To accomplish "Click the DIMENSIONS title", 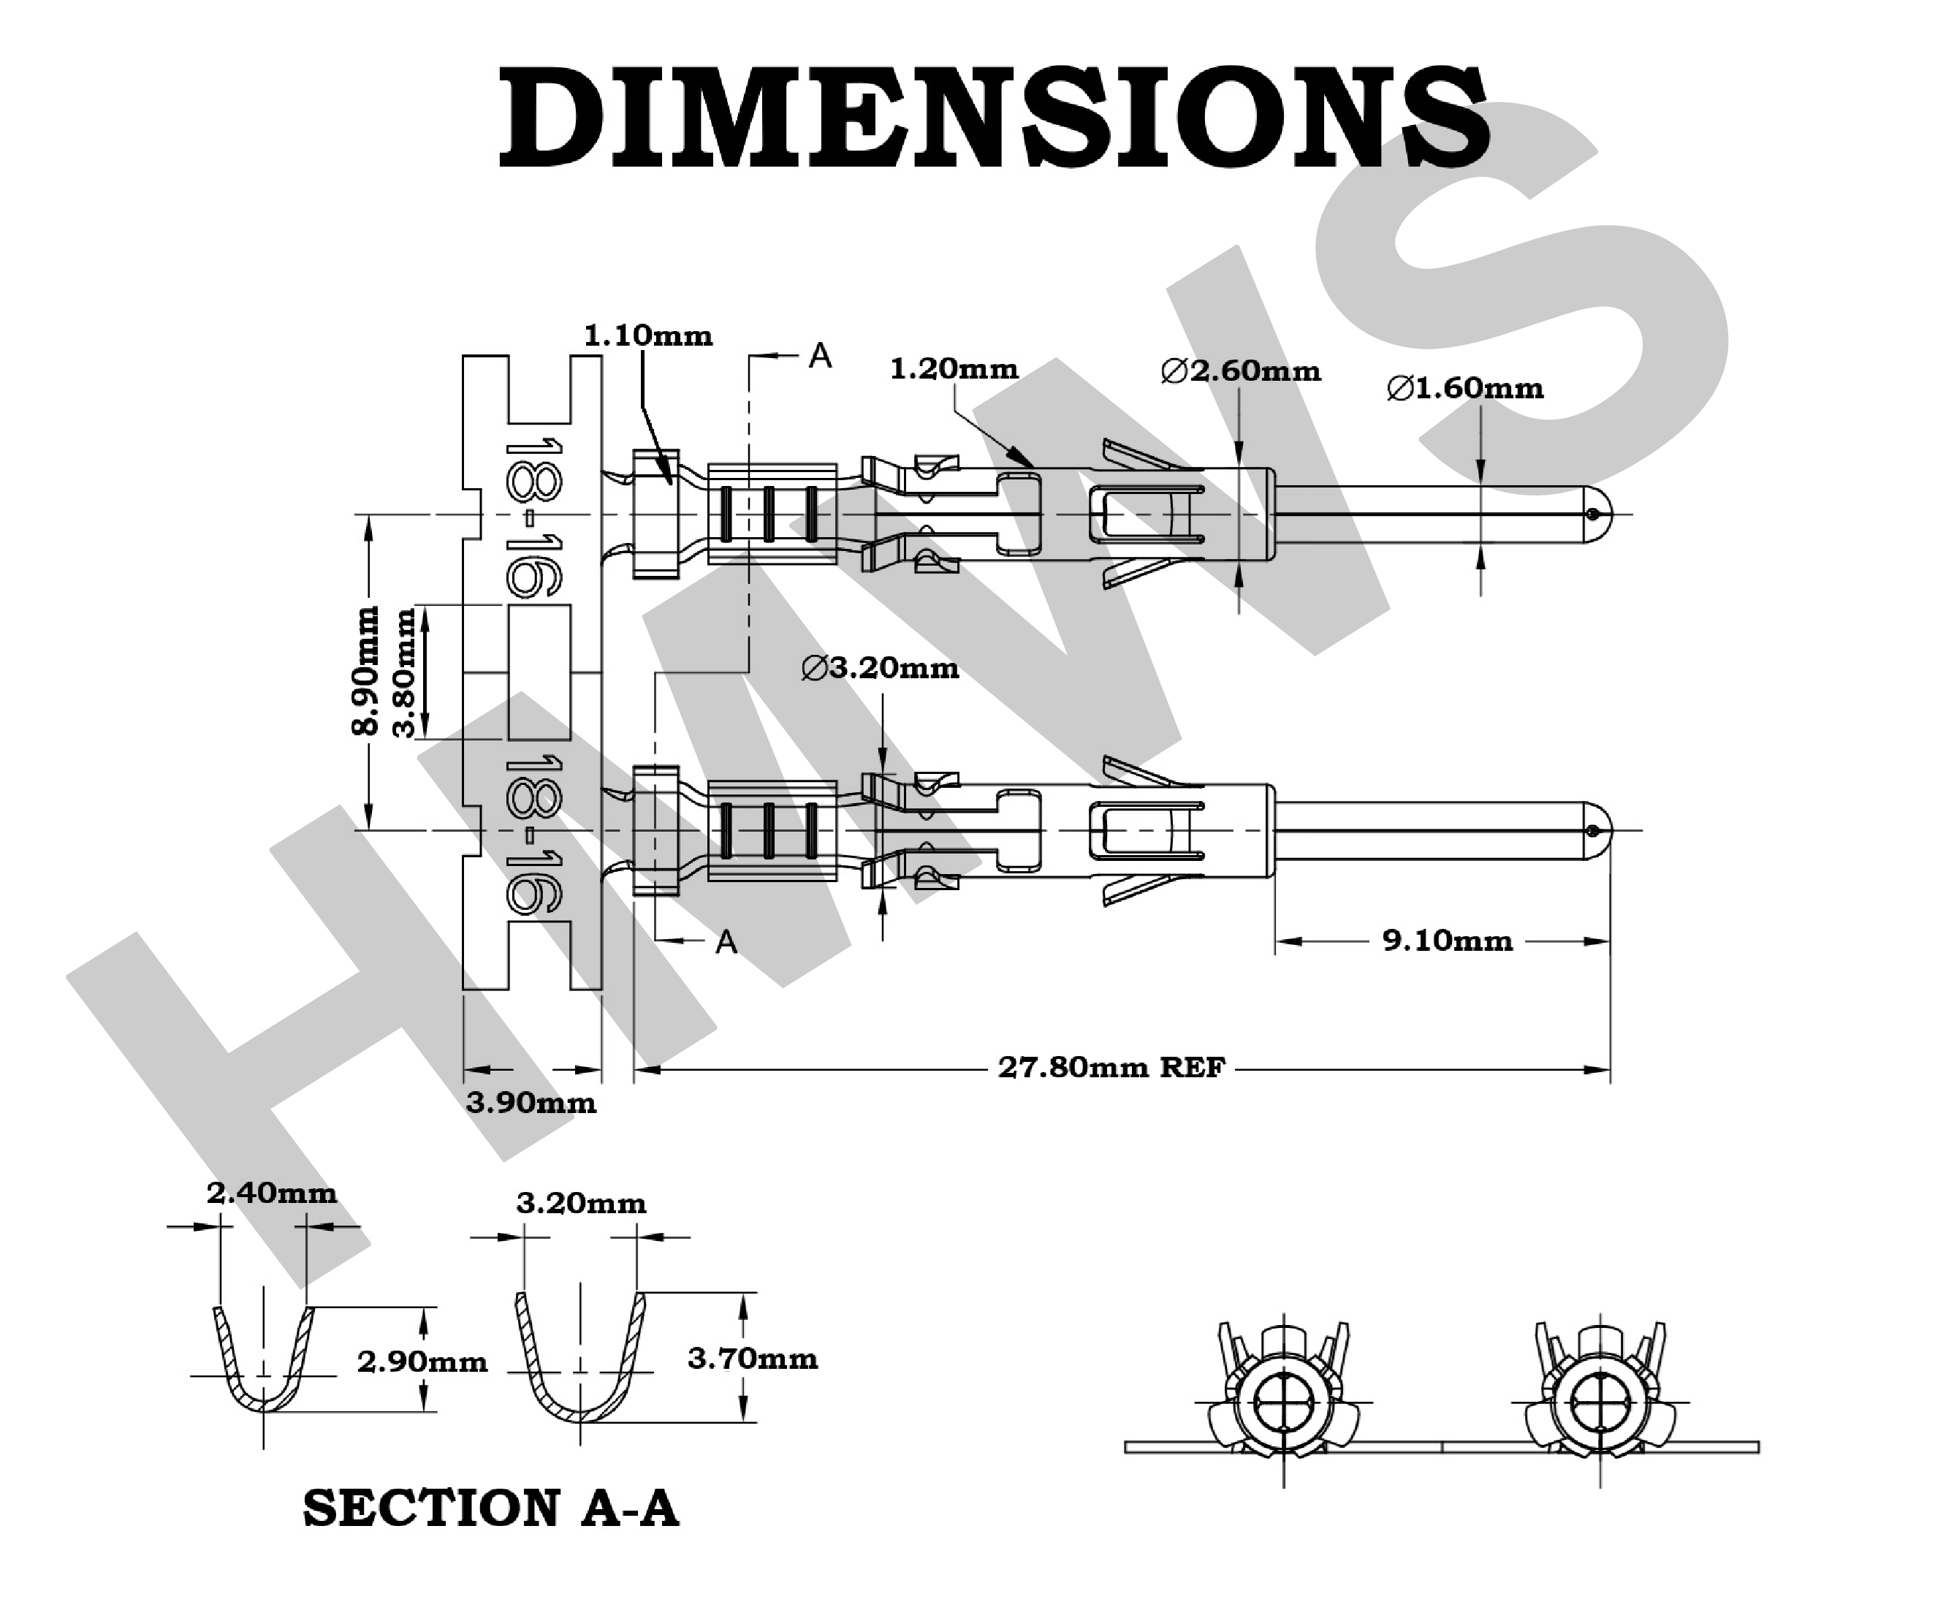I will [993, 118].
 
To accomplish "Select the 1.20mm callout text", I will [954, 370].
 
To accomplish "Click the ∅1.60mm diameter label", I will [1465, 388].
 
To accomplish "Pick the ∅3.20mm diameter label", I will [880, 667].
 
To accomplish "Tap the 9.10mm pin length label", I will [1447, 941].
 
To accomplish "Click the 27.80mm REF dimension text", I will [1111, 1067].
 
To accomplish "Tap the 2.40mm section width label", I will [271, 1193].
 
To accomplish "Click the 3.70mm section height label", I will [752, 1358].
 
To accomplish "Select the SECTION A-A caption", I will [490, 1509].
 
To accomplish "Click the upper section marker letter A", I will [819, 356].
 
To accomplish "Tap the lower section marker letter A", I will [726, 942].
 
